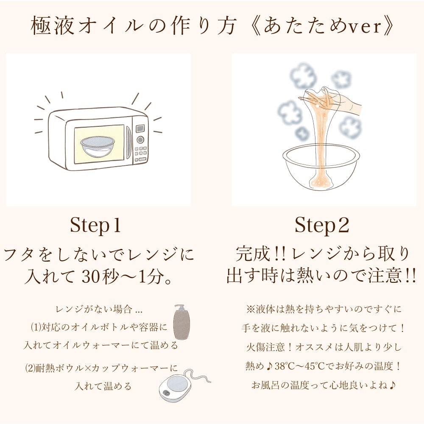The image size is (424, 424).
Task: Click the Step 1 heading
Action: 95,226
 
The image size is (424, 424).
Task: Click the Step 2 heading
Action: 322,226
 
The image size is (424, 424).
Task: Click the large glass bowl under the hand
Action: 321,170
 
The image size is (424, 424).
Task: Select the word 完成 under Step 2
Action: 254,254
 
